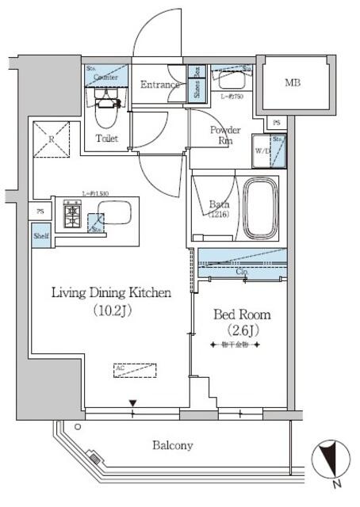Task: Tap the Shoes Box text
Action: click(x=195, y=83)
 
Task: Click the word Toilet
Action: click(x=108, y=139)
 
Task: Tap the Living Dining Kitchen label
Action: click(x=112, y=293)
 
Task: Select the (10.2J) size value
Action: click(x=111, y=311)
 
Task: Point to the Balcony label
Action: click(x=172, y=446)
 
